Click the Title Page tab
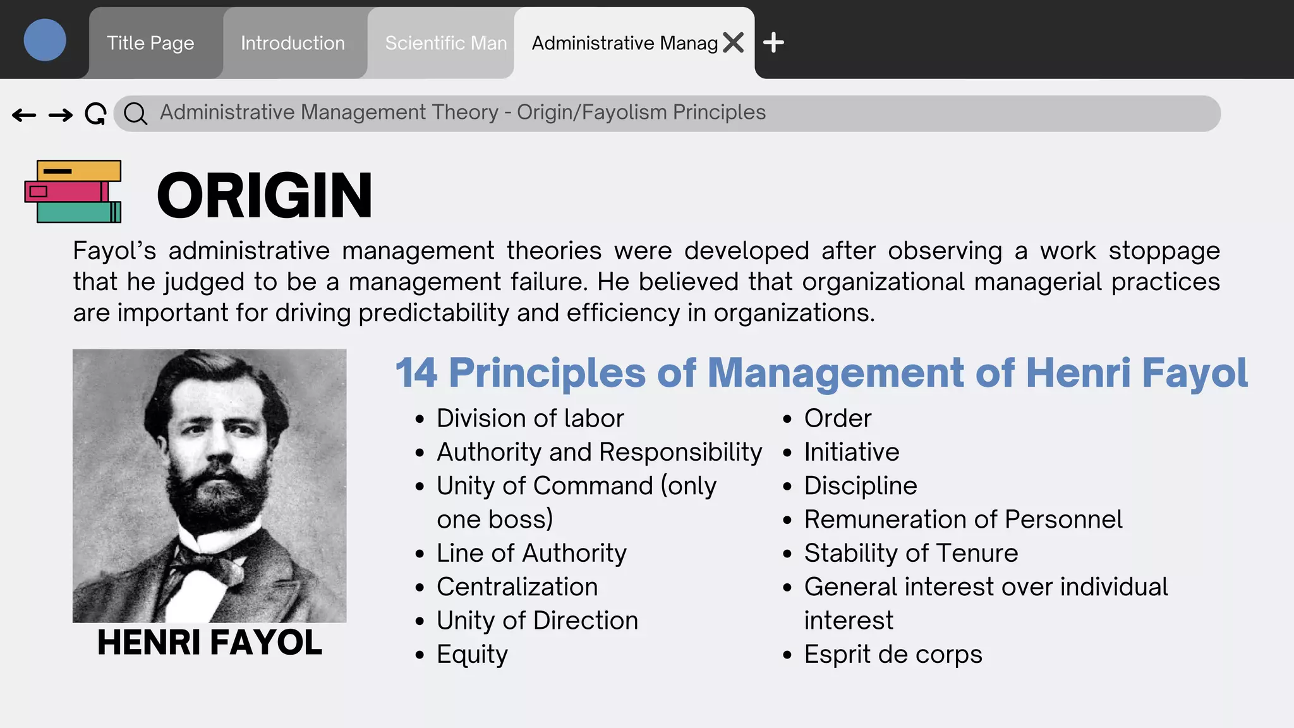coord(150,43)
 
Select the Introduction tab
coord(293,43)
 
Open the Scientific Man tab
coord(445,43)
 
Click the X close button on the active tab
coord(734,43)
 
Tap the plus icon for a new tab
coord(773,43)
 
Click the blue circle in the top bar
coord(45,40)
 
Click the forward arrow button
coord(61,115)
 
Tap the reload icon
coord(95,114)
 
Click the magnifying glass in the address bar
coord(135,114)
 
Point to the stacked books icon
coord(73,191)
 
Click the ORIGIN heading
coord(264,196)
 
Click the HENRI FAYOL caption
coord(210,643)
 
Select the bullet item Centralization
coord(517,587)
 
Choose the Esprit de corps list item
coord(893,655)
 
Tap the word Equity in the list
coord(472,655)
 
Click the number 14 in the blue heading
coord(416,373)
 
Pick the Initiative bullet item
coord(851,452)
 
